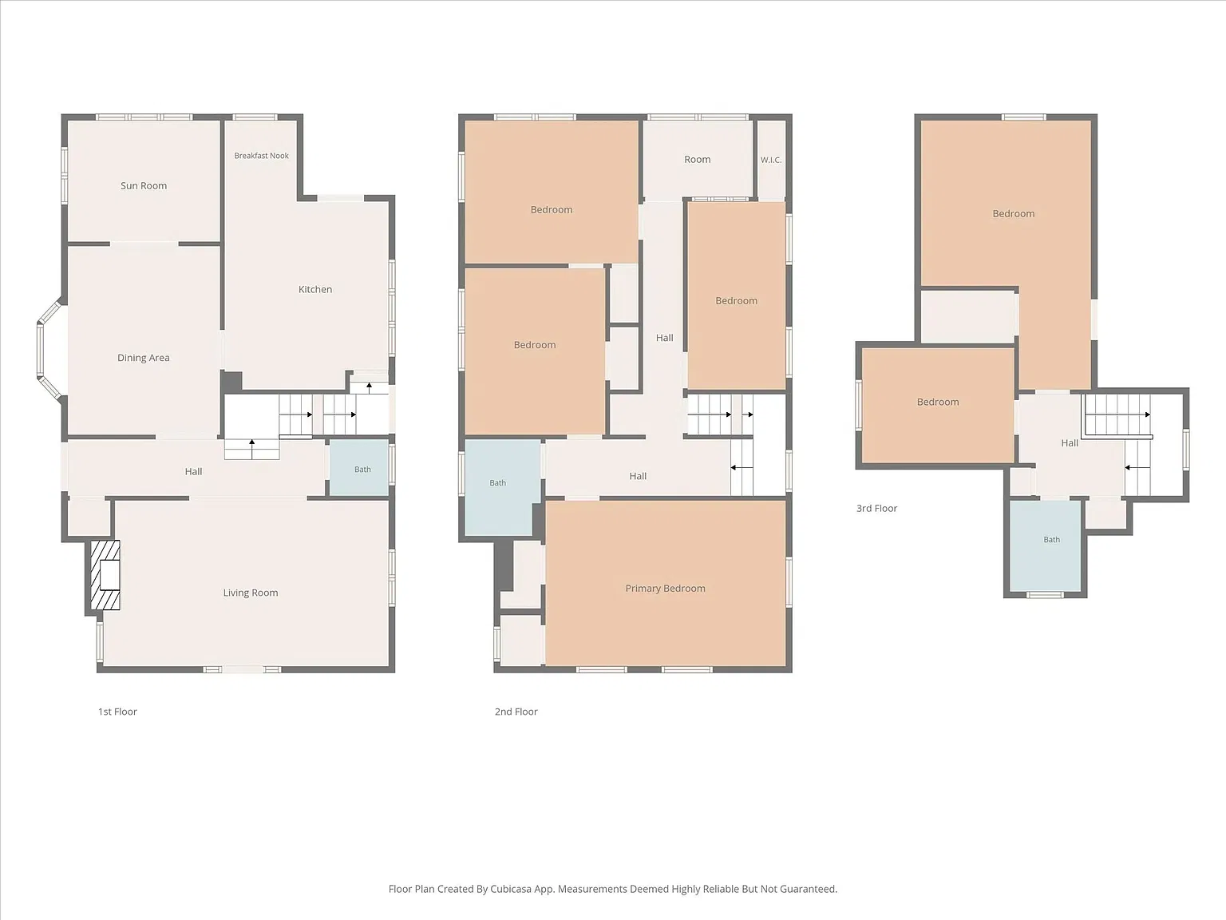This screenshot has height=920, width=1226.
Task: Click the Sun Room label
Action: (x=144, y=185)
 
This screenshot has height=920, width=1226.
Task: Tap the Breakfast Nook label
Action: (x=261, y=155)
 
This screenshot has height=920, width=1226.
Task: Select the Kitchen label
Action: (x=315, y=289)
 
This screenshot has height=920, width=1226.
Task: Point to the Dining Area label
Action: (x=144, y=358)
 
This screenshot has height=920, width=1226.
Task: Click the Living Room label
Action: (x=251, y=593)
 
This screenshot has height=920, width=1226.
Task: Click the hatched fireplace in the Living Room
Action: (x=105, y=574)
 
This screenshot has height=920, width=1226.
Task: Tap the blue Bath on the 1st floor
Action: (x=359, y=467)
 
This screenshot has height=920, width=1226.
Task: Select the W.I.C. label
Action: (x=771, y=160)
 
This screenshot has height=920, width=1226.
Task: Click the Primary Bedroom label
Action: (x=665, y=589)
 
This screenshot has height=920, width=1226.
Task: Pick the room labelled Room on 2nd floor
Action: (x=698, y=160)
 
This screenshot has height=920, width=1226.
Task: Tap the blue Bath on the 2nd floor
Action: (x=499, y=487)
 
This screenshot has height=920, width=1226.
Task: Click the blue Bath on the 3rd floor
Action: (x=1046, y=545)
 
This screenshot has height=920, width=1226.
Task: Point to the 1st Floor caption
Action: (x=117, y=712)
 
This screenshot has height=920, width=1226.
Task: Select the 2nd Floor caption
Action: (x=516, y=712)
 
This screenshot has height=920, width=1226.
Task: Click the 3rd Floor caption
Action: (x=877, y=509)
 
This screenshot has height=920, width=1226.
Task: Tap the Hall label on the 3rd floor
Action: (x=1070, y=443)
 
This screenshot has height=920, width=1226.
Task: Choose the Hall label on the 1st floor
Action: (x=193, y=471)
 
